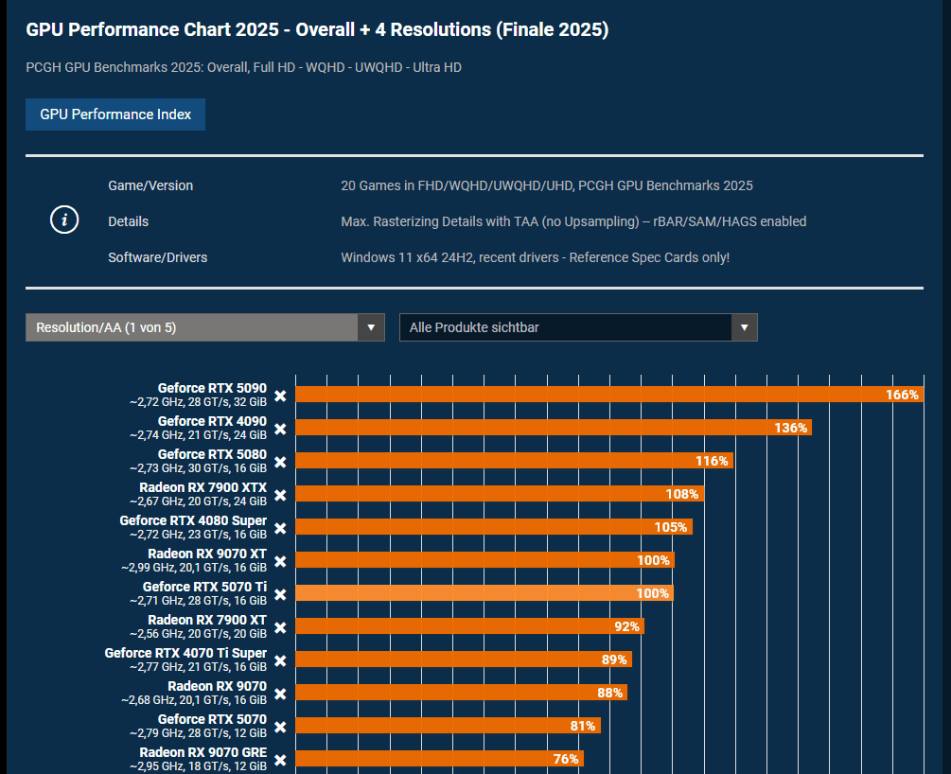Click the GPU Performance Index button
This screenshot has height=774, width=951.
click(x=115, y=114)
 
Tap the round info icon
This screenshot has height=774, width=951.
click(x=64, y=220)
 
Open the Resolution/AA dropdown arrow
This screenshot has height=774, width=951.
click(x=371, y=327)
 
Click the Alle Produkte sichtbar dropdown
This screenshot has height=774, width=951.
click(x=578, y=327)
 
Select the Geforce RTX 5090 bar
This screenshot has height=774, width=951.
click(x=609, y=395)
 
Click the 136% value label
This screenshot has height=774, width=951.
click(x=790, y=428)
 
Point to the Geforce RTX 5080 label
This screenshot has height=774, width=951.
click(x=212, y=454)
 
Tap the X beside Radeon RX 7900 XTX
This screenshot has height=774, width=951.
click(x=280, y=495)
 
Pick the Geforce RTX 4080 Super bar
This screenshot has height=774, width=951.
click(x=494, y=526)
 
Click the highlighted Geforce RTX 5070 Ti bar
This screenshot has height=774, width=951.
click(x=484, y=592)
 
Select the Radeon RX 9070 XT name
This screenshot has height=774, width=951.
click(x=207, y=554)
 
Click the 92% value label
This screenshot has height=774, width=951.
click(x=626, y=626)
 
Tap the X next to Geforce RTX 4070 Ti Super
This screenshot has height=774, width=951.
click(x=280, y=660)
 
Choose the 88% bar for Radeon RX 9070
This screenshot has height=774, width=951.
click(x=461, y=692)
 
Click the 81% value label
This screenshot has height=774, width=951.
click(x=583, y=726)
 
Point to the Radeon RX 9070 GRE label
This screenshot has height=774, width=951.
click(x=203, y=752)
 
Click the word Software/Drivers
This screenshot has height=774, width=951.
click(x=158, y=257)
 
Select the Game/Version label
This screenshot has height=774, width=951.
click(x=150, y=185)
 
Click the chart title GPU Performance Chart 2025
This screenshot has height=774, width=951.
click(x=152, y=29)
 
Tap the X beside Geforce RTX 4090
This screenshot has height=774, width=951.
click(x=280, y=429)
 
